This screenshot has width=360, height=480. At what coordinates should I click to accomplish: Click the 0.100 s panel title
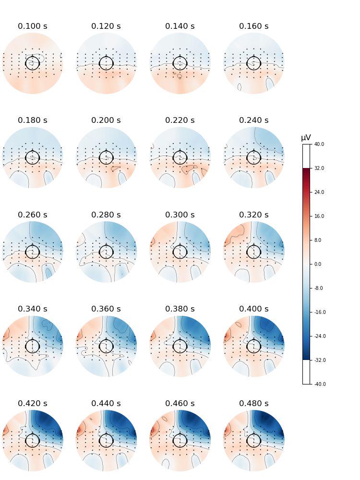[33, 26]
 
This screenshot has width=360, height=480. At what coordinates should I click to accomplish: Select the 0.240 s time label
[253, 120]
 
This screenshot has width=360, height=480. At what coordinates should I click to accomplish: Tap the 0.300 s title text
[180, 215]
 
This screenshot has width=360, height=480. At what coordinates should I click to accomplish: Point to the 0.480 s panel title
[253, 404]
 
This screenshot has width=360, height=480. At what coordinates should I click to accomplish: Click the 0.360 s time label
[106, 309]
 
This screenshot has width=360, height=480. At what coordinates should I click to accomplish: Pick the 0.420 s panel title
[33, 404]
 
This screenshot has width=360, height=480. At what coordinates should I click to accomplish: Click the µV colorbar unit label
[306, 138]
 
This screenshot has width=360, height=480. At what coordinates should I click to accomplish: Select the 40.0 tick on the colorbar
[319, 144]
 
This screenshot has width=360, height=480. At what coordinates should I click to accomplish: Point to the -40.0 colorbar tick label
[320, 384]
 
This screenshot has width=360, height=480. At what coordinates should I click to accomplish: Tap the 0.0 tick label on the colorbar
[318, 264]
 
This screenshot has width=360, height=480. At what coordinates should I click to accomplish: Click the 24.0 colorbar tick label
[319, 192]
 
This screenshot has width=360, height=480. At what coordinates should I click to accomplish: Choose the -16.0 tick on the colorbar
[320, 312]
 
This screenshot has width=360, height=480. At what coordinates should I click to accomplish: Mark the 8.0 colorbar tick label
[318, 240]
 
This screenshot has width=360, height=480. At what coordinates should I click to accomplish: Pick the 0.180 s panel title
[33, 120]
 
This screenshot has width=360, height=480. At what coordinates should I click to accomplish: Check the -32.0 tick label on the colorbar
[320, 360]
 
